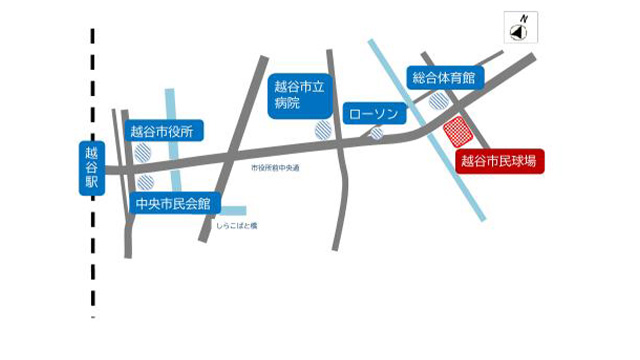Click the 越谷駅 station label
[92, 170]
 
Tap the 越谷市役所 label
[166, 130]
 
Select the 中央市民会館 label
[174, 203]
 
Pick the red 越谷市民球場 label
[499, 160]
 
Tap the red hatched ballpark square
[459, 131]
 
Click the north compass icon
[520, 33]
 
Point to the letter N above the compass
[522, 17]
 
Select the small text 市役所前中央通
[275, 167]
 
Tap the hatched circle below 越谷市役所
[145, 152]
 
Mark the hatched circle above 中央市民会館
[146, 182]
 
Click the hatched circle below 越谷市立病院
[323, 130]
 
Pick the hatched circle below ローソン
[376, 133]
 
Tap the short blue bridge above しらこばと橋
[234, 211]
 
